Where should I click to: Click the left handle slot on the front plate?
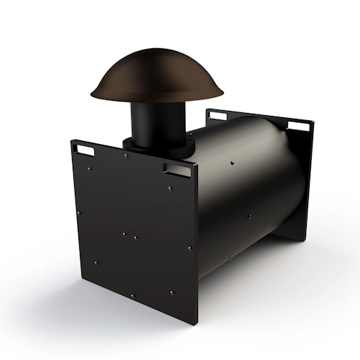click(x=84, y=150)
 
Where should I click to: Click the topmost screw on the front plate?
click(x=126, y=156)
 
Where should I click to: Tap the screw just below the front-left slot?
click(x=89, y=170)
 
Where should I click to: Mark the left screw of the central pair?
click(x=124, y=234)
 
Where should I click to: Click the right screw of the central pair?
click(x=135, y=237)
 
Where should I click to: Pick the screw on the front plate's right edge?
click(x=189, y=249)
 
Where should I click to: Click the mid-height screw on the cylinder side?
click(x=246, y=215)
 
